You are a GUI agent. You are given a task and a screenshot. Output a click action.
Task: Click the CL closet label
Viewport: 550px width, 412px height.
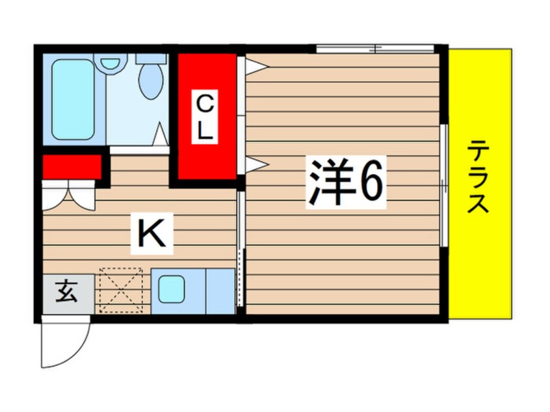pos(205,117)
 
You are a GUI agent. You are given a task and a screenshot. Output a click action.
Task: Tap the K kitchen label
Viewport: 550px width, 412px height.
pos(151,233)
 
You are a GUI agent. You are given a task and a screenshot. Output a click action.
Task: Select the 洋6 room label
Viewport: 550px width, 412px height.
pos(346,182)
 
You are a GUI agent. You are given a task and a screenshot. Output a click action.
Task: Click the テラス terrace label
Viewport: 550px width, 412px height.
pos(478,175)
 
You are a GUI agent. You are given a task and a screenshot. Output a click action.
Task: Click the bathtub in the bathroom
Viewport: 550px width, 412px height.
pos(73,99)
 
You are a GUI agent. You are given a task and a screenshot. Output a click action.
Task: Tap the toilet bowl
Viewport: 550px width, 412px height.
pos(151,82)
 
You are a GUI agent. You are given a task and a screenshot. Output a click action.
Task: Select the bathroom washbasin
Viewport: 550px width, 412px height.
pos(110,64)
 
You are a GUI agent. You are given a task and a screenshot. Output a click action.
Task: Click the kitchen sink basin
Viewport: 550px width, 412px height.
pos(171,289)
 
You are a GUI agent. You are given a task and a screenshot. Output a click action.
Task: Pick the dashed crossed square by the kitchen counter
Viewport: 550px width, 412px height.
pos(122,290)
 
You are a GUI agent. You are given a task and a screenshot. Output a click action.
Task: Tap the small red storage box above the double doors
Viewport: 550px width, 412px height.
pos(72,167)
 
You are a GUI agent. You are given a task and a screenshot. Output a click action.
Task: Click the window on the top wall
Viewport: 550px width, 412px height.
pos(375,49)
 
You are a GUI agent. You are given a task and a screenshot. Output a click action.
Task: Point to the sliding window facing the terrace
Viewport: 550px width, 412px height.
pos(444,185)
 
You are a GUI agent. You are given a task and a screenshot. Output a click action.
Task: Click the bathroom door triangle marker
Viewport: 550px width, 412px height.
pos(161,134)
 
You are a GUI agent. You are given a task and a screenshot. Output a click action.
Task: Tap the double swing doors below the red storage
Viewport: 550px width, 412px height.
pos(68,196)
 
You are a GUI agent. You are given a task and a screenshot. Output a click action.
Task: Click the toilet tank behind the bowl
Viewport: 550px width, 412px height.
pos(151,58)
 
